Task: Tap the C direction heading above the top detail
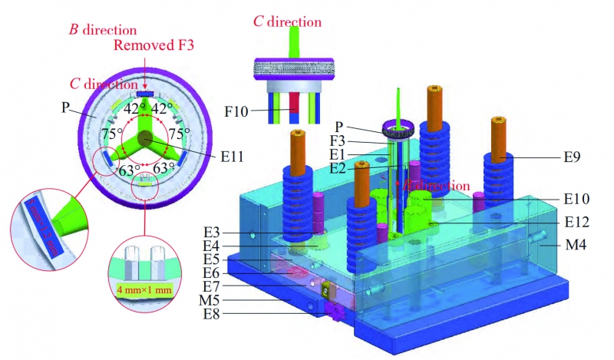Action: (289, 20)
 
